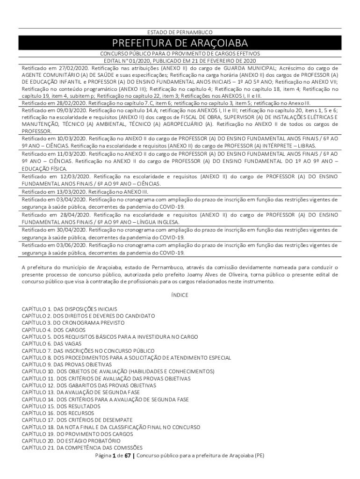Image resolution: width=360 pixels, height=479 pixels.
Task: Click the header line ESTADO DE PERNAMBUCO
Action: coord(180,32)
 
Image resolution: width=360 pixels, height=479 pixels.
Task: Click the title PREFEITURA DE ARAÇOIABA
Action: coord(180,44)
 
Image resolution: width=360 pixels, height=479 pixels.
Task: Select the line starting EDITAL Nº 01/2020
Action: coord(180,61)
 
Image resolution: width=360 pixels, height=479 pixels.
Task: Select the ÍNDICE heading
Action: coord(180,295)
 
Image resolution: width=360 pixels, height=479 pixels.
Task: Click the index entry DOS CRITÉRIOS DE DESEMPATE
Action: coord(77,420)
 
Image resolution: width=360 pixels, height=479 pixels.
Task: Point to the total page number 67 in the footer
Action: coord(127,456)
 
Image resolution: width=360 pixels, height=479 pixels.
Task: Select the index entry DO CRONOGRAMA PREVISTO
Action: coord(69,323)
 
